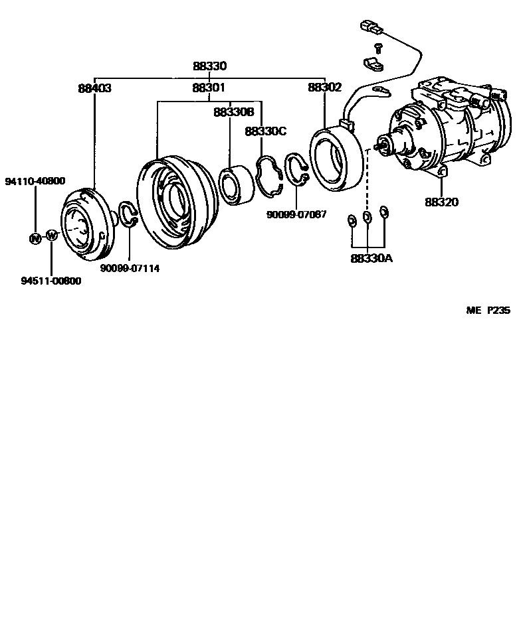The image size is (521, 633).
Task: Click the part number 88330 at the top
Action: (209, 66)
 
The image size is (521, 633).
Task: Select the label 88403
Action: (94, 88)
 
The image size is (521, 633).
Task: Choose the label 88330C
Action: (265, 131)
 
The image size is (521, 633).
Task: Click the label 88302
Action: (324, 88)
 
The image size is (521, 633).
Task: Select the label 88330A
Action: (371, 258)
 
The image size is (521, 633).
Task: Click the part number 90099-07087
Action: (296, 214)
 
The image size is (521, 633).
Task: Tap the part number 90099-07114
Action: (130, 268)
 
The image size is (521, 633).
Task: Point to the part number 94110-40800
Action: (35, 181)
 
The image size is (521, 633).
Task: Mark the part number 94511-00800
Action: (51, 281)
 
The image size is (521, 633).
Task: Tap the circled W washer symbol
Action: (52, 236)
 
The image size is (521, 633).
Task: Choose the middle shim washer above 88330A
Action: (367, 218)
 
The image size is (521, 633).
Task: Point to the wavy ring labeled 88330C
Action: (271, 176)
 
